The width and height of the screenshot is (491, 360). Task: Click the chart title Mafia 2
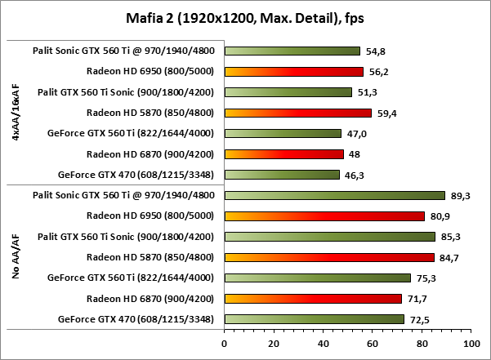point(245,17)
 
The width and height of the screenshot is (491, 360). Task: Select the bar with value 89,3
point(334,195)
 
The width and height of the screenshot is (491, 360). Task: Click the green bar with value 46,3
point(281,174)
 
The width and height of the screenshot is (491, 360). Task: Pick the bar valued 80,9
point(324,216)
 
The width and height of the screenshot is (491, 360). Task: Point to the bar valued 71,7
point(312,298)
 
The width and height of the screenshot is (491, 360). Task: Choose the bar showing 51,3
point(288,92)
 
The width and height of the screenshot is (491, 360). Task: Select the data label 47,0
point(354,133)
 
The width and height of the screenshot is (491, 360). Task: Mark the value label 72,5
point(417,318)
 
